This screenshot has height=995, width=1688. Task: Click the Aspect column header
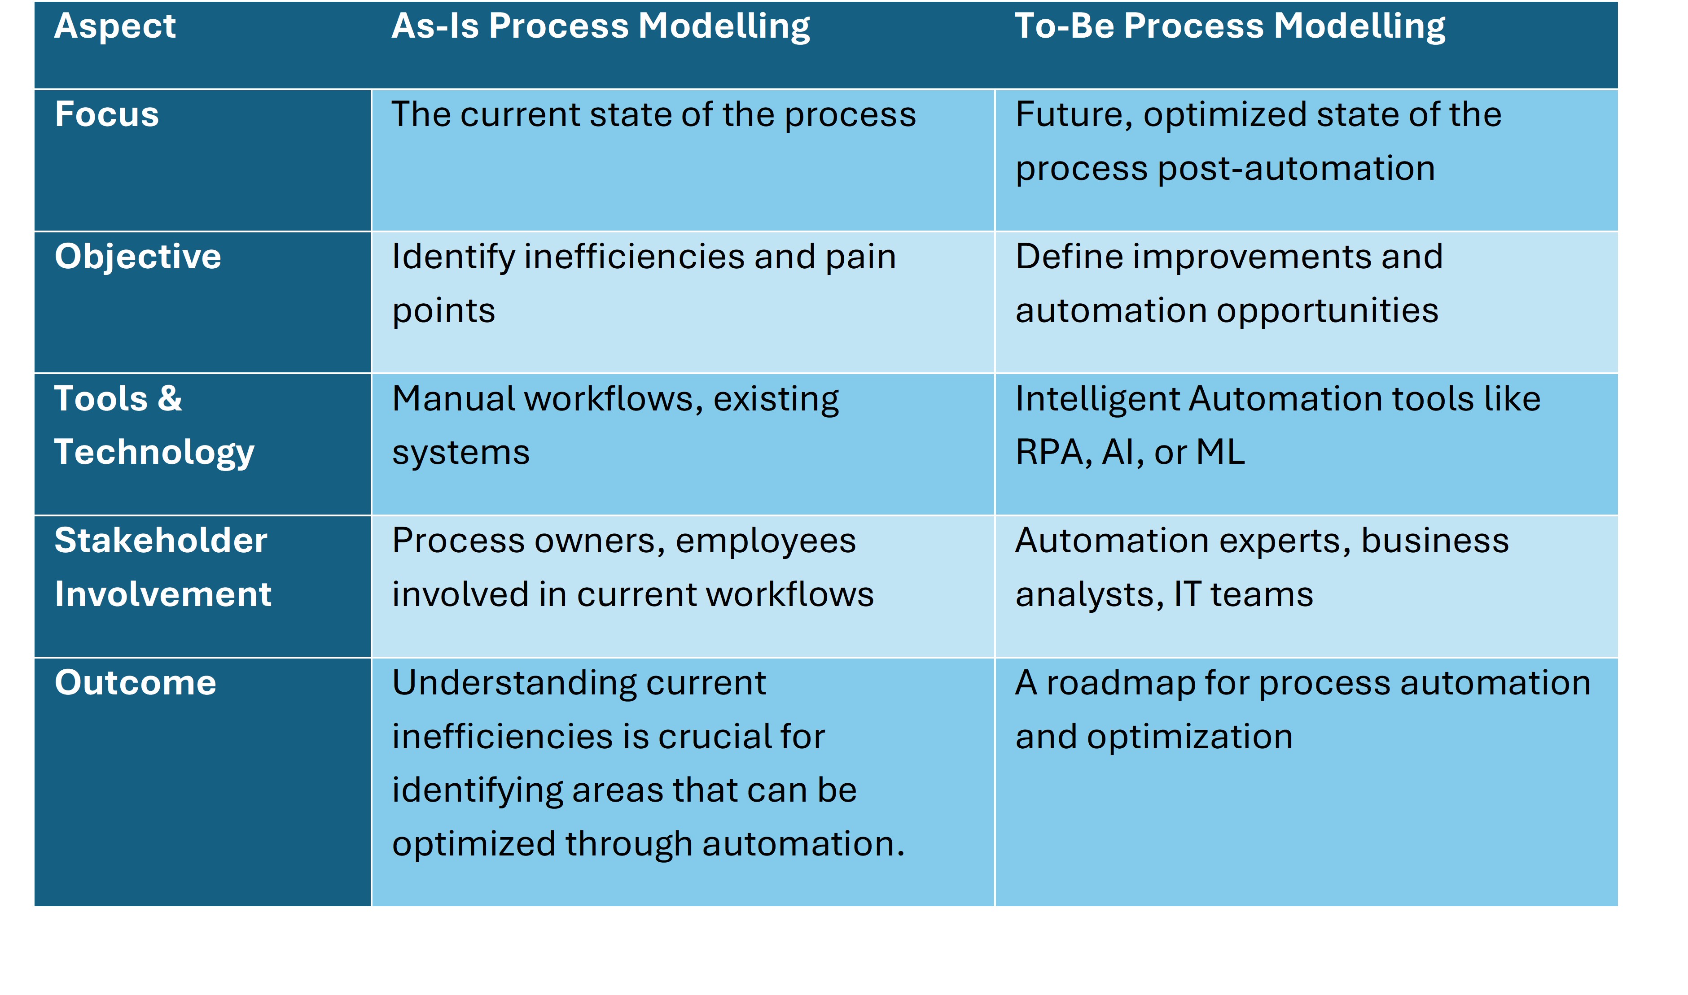[x=115, y=27]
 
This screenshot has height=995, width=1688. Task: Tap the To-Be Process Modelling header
[x=1229, y=27]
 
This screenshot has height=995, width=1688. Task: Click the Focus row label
[x=107, y=114]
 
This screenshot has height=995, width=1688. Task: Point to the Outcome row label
[x=136, y=683]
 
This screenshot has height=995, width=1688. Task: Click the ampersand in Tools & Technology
[x=170, y=398]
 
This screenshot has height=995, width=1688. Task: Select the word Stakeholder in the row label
[x=161, y=541]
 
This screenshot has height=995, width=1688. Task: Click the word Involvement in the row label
[x=163, y=594]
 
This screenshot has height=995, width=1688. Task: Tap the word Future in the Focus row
[x=1074, y=115]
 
